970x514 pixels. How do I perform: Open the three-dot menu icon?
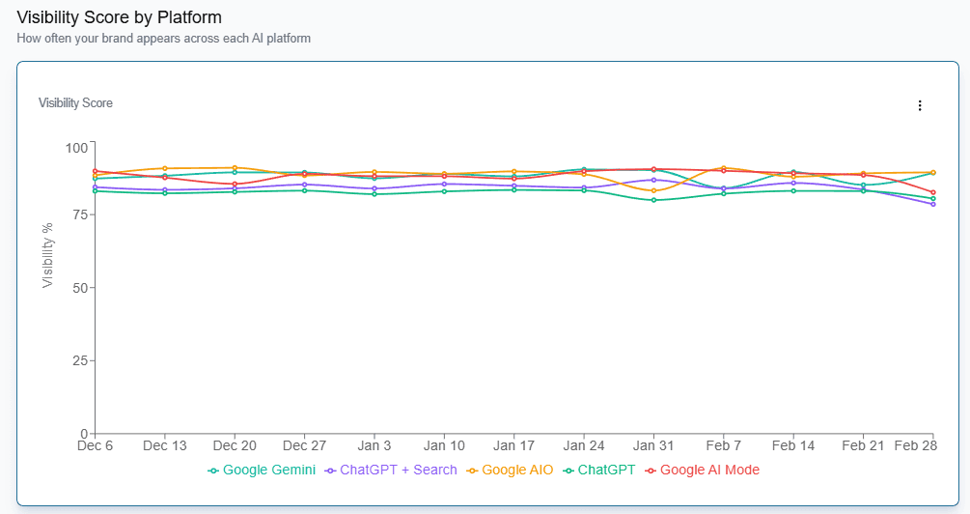click(x=920, y=105)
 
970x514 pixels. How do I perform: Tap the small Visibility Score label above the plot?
click(x=75, y=102)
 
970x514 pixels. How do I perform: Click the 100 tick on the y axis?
click(x=75, y=147)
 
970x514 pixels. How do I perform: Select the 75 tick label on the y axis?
click(x=79, y=214)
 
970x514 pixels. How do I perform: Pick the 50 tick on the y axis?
click(x=79, y=288)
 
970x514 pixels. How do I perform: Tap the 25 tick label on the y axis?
click(x=79, y=360)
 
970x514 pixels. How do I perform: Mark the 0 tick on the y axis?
click(x=84, y=433)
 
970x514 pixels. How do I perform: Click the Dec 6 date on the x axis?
click(x=96, y=446)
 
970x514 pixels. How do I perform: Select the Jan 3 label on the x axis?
click(x=374, y=446)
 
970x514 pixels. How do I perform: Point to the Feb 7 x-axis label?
click(x=723, y=446)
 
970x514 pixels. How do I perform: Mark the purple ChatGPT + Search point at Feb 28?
click(x=932, y=204)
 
